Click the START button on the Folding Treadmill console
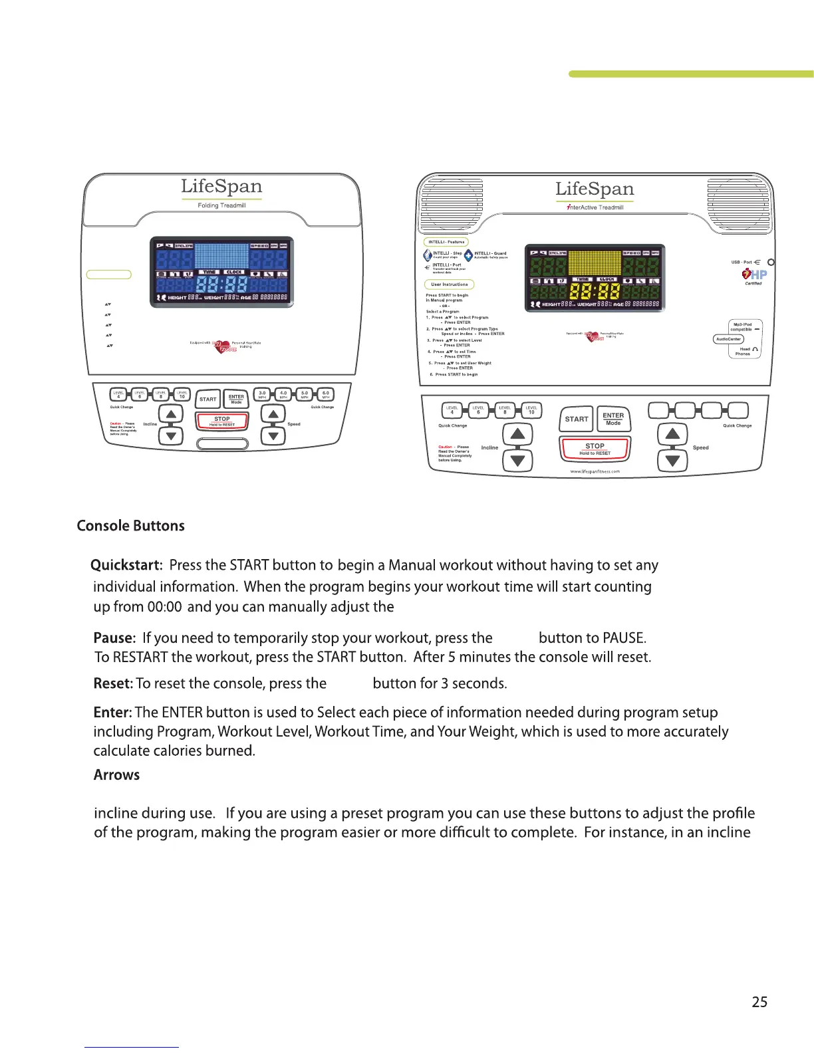point(208,399)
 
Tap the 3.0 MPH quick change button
point(262,394)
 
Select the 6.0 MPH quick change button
point(326,394)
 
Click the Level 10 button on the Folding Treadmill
point(182,394)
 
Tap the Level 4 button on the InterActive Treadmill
point(452,410)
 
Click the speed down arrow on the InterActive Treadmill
point(672,460)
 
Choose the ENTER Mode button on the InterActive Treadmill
point(613,419)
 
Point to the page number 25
point(759,1002)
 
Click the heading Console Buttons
point(130,526)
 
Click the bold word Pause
point(114,638)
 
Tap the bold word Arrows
point(116,775)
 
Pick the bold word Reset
point(113,683)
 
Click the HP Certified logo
point(755,275)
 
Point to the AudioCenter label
point(728,339)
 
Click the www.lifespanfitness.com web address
point(595,471)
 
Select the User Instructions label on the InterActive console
point(450,285)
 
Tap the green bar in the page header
point(691,74)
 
